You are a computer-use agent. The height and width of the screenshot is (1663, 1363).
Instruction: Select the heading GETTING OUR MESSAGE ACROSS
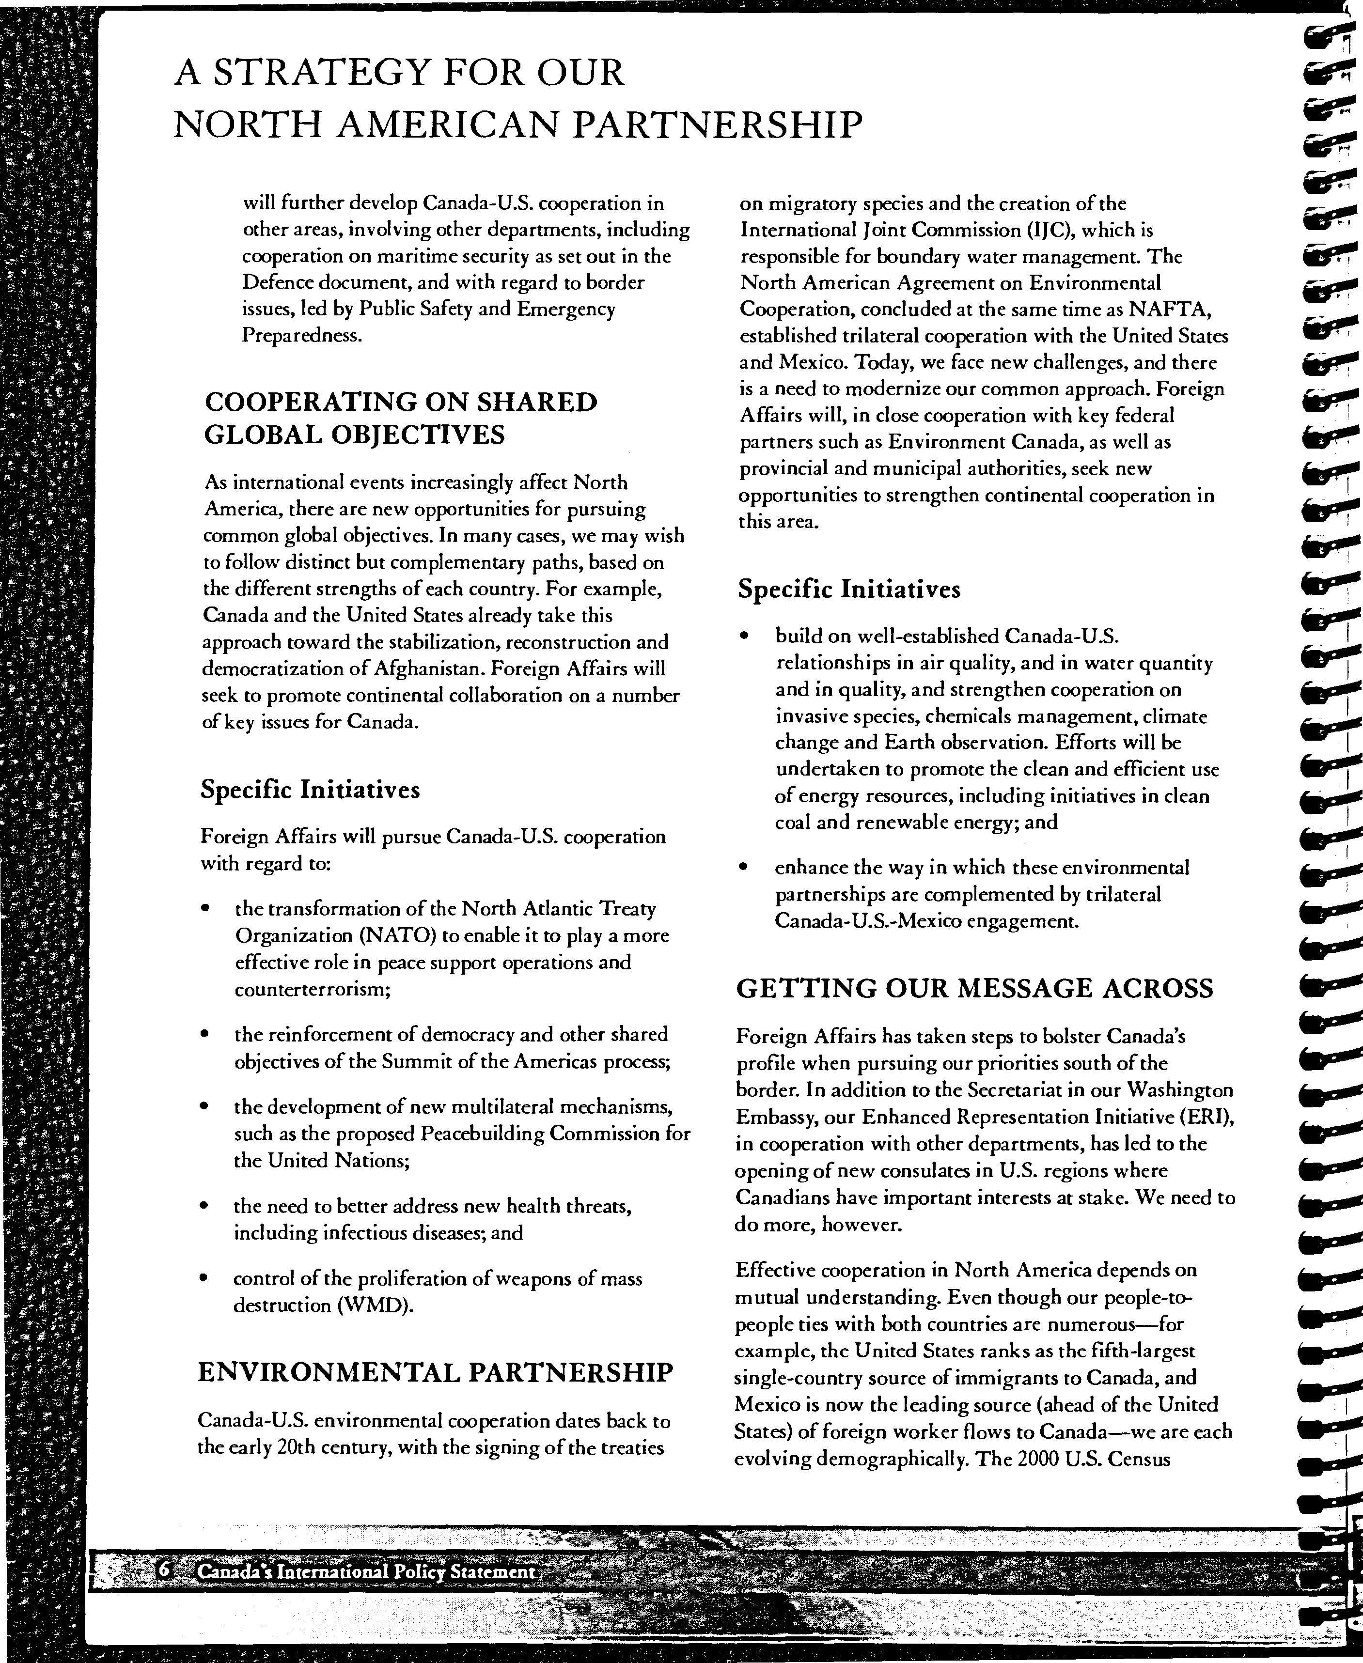[x=974, y=987]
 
